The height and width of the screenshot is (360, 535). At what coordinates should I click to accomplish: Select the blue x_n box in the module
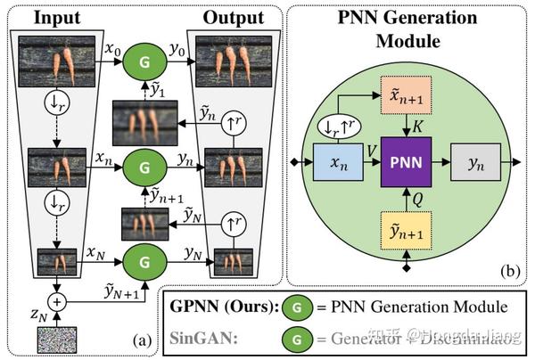[x=336, y=164]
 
